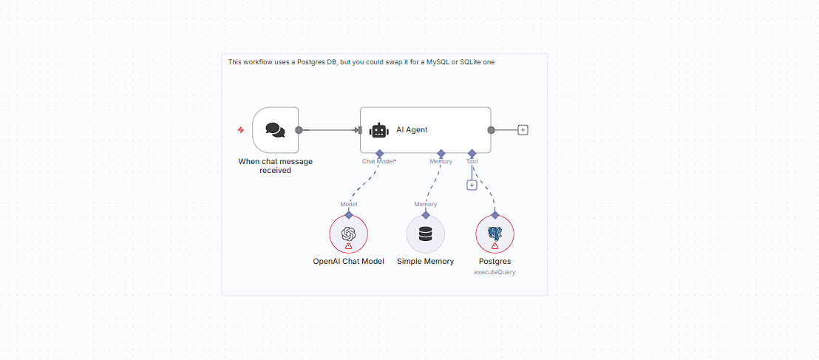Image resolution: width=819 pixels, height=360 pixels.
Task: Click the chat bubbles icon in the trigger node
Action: pyautogui.click(x=275, y=130)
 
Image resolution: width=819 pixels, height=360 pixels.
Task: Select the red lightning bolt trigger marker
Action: pyautogui.click(x=240, y=130)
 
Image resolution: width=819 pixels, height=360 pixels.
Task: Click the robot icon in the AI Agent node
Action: pyautogui.click(x=379, y=130)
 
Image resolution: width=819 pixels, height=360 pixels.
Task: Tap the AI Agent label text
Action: pyautogui.click(x=412, y=130)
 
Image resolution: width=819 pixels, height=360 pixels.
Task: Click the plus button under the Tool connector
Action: pyautogui.click(x=472, y=185)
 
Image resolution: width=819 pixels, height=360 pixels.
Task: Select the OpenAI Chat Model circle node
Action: pyautogui.click(x=348, y=234)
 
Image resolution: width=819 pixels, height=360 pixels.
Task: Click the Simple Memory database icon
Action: pyautogui.click(x=425, y=234)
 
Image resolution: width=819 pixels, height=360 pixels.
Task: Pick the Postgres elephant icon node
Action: pyautogui.click(x=495, y=233)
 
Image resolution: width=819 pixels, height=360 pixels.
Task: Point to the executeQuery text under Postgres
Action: pyautogui.click(x=495, y=272)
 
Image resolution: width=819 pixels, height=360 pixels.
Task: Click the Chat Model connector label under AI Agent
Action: pyautogui.click(x=378, y=161)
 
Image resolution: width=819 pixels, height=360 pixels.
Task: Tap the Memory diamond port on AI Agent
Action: pyautogui.click(x=441, y=153)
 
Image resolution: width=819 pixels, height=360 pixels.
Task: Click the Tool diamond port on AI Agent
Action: pyautogui.click(x=472, y=153)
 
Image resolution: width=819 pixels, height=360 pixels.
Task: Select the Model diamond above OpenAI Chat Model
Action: pyautogui.click(x=348, y=214)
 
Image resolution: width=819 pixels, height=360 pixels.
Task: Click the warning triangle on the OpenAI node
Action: pyautogui.click(x=349, y=246)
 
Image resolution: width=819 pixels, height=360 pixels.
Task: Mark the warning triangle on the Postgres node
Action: pyautogui.click(x=495, y=246)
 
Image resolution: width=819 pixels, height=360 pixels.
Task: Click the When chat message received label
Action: pyautogui.click(x=275, y=166)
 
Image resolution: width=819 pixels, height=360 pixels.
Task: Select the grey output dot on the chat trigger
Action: pyautogui.click(x=299, y=130)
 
